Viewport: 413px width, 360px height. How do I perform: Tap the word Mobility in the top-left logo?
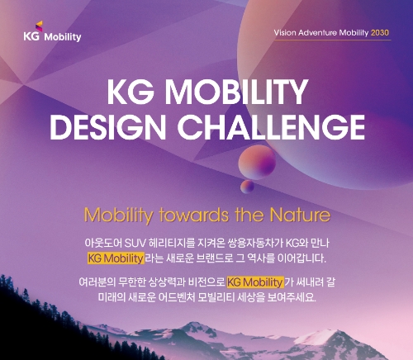coord(64,36)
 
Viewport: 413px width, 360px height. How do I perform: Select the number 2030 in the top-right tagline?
coord(380,32)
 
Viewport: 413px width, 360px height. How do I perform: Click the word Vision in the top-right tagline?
coord(287,32)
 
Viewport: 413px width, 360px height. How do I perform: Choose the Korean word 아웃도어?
coord(103,243)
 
